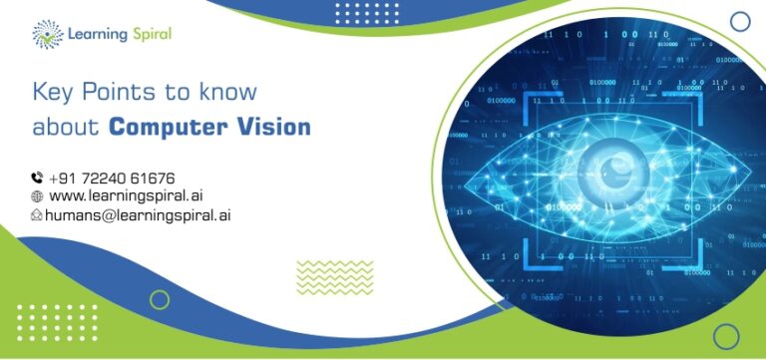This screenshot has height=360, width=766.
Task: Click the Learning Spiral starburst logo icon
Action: pyautogui.click(x=48, y=34)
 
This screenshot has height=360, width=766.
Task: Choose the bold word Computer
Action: pyautogui.click(x=168, y=128)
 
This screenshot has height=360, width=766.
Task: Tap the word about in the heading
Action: pyautogui.click(x=66, y=127)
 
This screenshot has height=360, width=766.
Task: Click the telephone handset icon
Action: pyautogui.click(x=37, y=178)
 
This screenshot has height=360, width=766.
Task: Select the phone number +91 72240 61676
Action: pyautogui.click(x=112, y=178)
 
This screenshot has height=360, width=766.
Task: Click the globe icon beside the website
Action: pyautogui.click(x=37, y=196)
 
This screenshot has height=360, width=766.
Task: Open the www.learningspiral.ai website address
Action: pyautogui.click(x=126, y=195)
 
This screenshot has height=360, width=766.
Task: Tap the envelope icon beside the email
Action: pyautogui.click(x=37, y=214)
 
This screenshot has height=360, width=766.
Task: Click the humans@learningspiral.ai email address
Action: pyautogui.click(x=138, y=214)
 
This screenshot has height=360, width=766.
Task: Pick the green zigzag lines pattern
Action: pyautogui.click(x=335, y=277)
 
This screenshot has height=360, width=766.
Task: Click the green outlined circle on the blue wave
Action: pyautogui.click(x=160, y=300)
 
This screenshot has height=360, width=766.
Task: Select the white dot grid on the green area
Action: pyautogui.click(x=57, y=323)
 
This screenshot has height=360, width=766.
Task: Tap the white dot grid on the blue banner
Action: pyautogui.click(x=367, y=13)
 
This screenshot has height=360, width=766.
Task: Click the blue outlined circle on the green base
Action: pyautogui.click(x=726, y=336)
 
